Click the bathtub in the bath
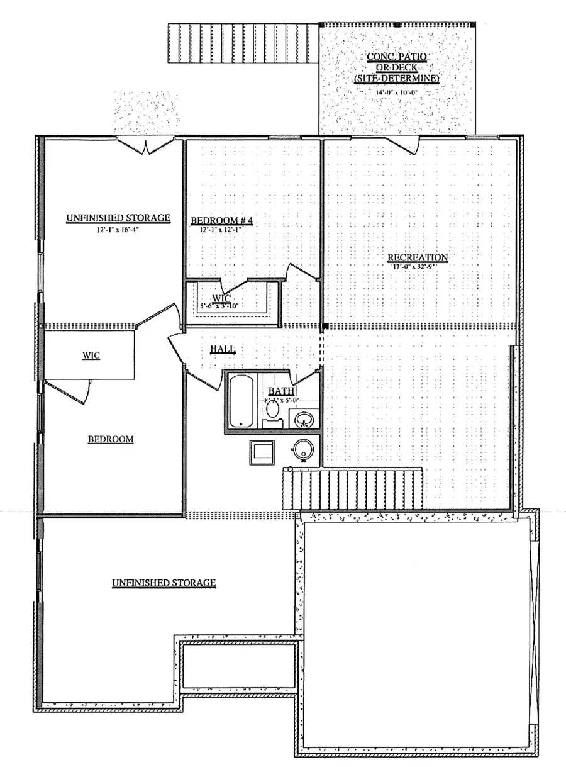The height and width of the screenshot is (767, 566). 240,401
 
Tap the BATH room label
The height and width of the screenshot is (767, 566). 278,391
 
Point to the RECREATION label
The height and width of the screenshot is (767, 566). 417,257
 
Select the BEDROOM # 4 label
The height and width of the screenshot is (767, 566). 221,221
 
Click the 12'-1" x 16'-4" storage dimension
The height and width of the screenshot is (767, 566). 118,230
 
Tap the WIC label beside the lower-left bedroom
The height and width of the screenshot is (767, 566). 91,356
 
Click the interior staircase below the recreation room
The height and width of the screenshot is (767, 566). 352,490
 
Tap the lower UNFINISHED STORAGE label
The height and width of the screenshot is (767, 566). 164,583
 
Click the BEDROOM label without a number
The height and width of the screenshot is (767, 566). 110,439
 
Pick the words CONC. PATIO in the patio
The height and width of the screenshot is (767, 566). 396,57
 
